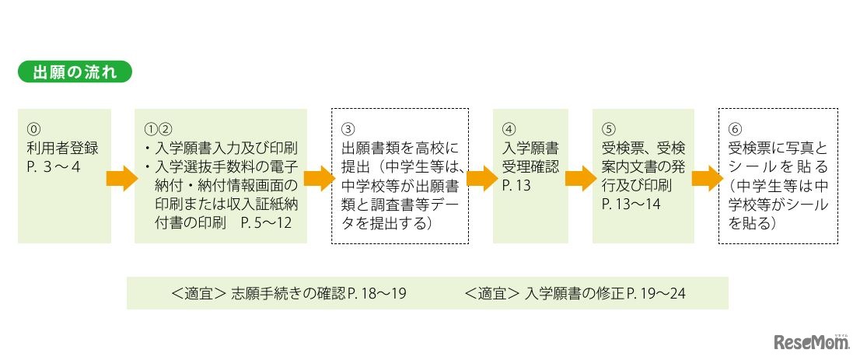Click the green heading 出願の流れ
(x=75, y=74)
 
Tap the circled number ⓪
(x=32, y=128)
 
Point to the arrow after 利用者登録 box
(x=121, y=178)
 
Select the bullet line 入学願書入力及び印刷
(x=222, y=148)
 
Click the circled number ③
(x=348, y=128)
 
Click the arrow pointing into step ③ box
(x=318, y=178)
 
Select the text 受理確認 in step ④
(x=530, y=166)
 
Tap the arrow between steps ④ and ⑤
(x=579, y=178)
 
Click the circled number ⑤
(x=609, y=128)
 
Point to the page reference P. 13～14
(x=631, y=204)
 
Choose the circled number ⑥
(x=735, y=128)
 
